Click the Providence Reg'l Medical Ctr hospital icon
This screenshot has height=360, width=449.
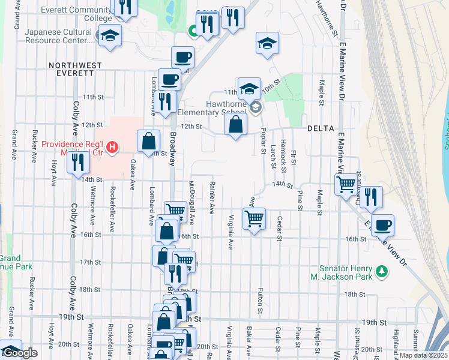tap(111, 146)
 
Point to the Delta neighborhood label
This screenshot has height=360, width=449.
tap(319, 128)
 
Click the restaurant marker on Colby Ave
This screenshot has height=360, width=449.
tap(78, 162)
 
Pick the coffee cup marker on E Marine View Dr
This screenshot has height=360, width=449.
tap(382, 226)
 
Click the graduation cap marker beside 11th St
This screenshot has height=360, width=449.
tap(249, 89)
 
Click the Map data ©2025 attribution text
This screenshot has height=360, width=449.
tap(423, 355)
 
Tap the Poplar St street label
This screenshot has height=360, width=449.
tap(264, 143)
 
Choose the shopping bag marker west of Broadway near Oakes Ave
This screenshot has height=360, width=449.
tap(149, 142)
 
